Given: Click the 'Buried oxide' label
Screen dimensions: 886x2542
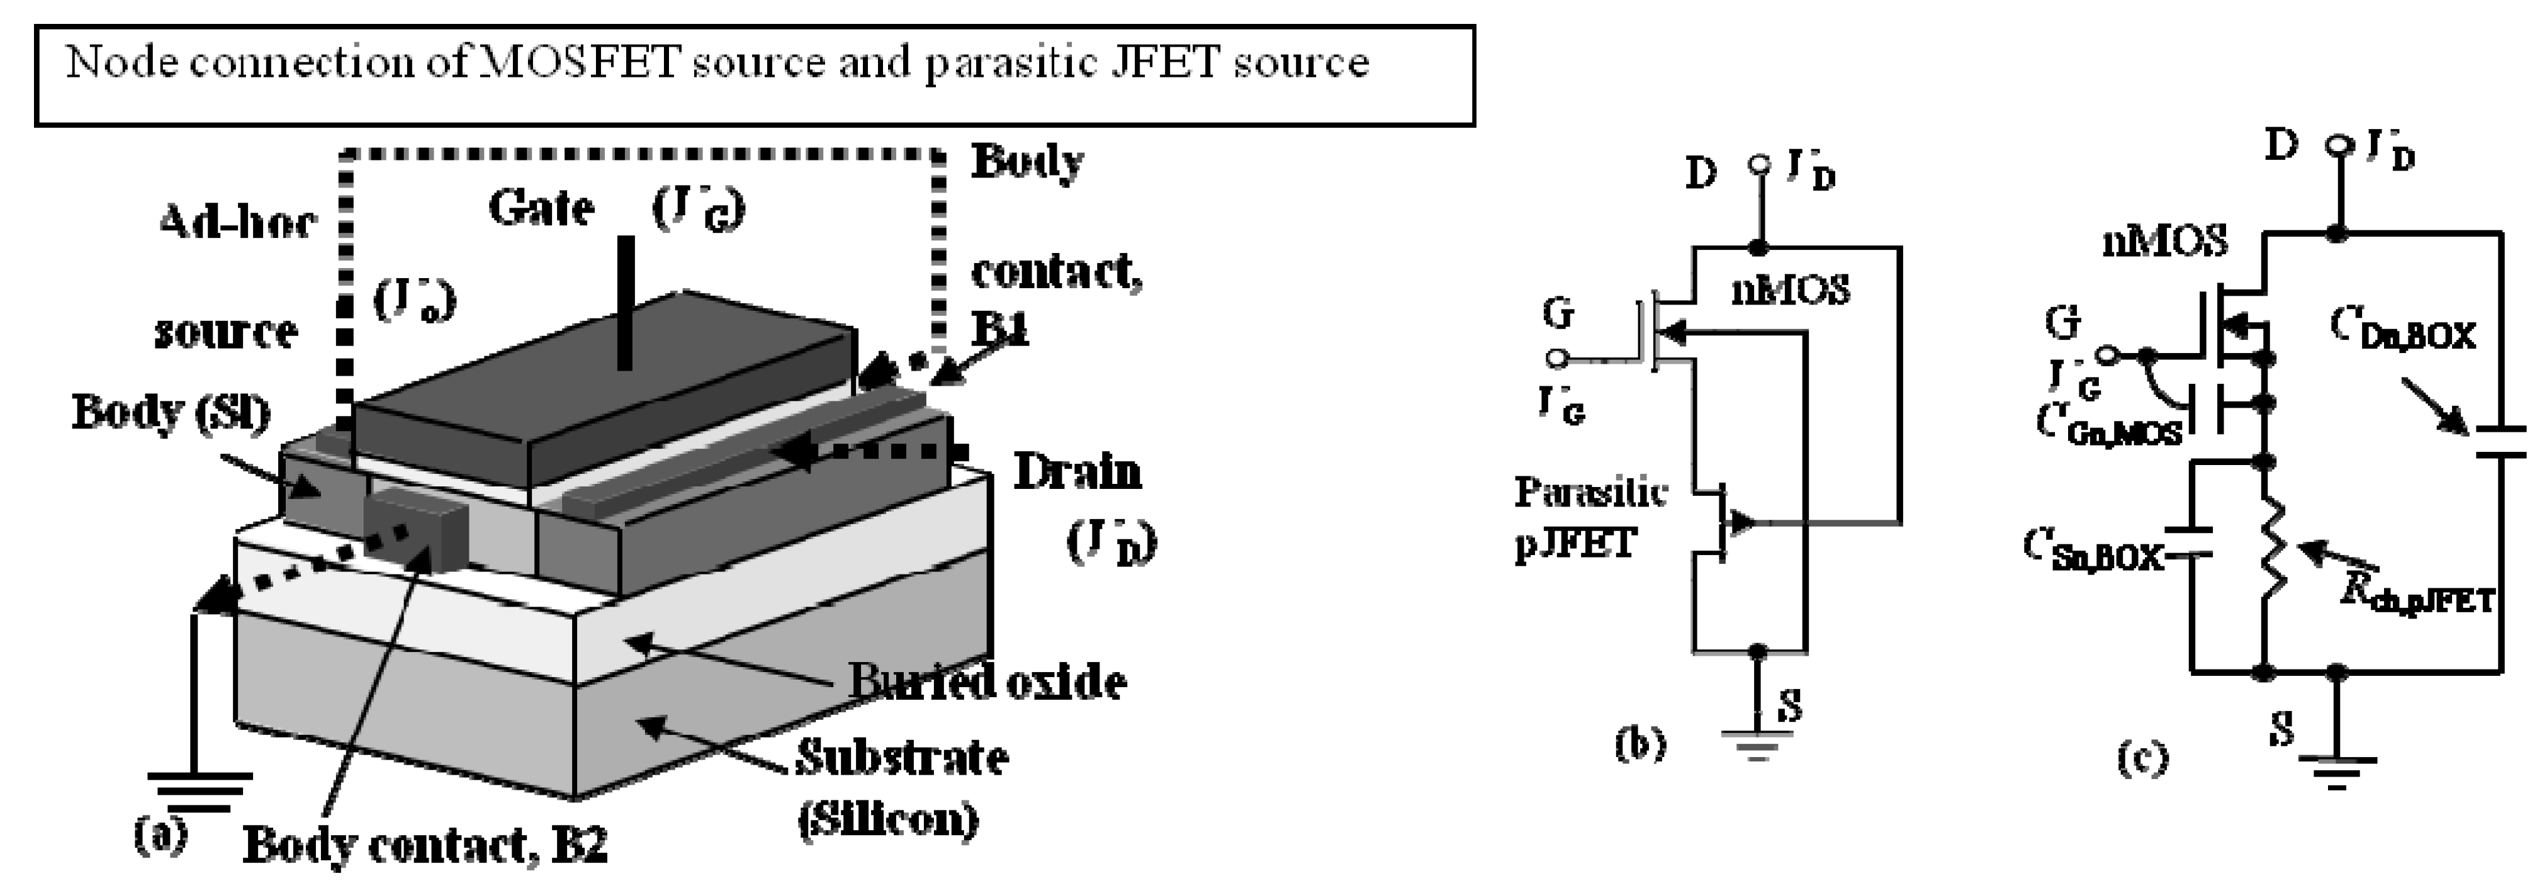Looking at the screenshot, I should point(987,681).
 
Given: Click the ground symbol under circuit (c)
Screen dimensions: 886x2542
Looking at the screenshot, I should point(2336,770).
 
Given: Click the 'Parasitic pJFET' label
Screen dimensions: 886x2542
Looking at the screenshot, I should point(1589,516).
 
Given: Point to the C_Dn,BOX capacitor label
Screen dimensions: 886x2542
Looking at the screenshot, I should point(2403,330).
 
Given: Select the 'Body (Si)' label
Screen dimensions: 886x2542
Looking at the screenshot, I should point(170,412).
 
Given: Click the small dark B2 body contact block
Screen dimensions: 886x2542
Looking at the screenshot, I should point(415,528).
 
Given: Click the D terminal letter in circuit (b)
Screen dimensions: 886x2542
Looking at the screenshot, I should point(1701,174).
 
